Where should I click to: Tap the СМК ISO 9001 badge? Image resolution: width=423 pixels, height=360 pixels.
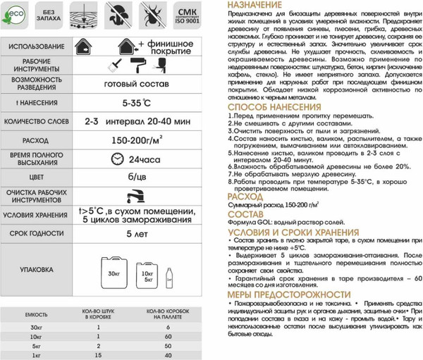point(188,18)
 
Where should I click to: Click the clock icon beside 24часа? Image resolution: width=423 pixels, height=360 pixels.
point(116,159)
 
